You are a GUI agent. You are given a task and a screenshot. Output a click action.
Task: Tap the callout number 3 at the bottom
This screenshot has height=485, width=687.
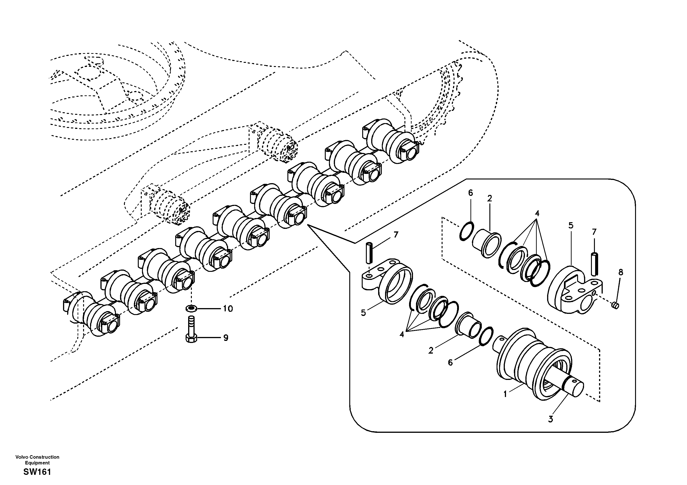pyautogui.click(x=551, y=419)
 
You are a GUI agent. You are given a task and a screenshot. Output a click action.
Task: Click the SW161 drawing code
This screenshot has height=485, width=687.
pyautogui.click(x=37, y=472)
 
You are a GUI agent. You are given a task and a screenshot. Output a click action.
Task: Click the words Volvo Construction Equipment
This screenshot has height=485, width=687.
pyautogui.click(x=37, y=460)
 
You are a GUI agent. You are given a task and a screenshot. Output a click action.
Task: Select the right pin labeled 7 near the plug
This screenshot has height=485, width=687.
pyautogui.click(x=594, y=264)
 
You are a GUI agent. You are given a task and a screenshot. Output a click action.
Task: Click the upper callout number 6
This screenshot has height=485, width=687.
pyautogui.click(x=470, y=193)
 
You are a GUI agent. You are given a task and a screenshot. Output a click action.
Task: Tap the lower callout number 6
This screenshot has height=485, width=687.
pyautogui.click(x=450, y=363)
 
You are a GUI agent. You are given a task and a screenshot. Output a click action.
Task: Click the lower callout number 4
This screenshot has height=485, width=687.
pyautogui.click(x=401, y=334)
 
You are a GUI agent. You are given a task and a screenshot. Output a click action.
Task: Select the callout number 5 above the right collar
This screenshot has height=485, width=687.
pyautogui.click(x=571, y=225)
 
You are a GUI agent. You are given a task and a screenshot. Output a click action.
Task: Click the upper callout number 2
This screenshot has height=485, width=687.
pyautogui.click(x=490, y=198)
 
